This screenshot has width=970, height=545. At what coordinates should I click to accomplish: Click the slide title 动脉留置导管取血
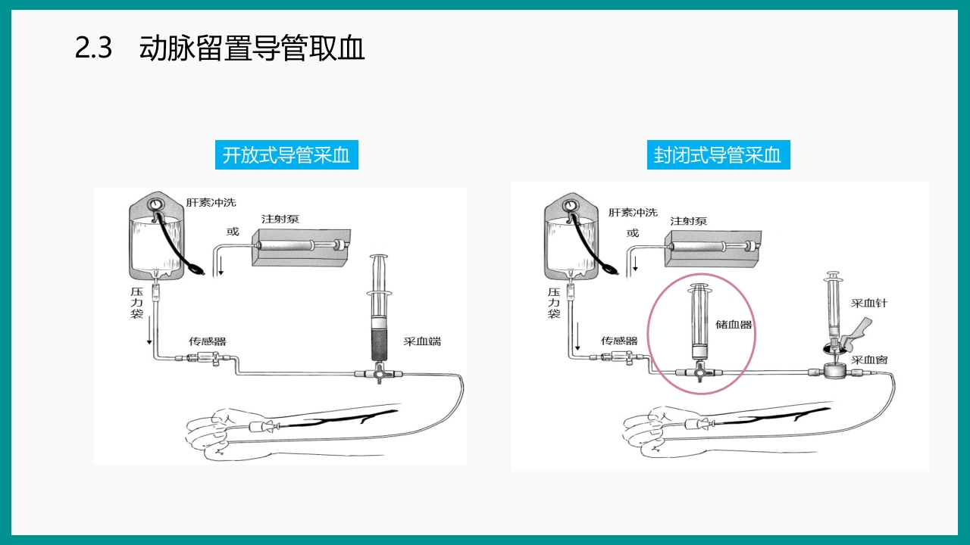click(252, 48)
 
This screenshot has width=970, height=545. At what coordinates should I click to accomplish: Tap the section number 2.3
click(93, 48)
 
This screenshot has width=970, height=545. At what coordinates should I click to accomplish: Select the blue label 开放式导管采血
click(286, 155)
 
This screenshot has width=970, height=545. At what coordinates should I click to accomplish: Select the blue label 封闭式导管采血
click(718, 155)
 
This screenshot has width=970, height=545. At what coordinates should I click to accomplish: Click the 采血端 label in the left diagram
click(422, 341)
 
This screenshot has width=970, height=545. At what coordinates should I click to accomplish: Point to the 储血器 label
click(734, 325)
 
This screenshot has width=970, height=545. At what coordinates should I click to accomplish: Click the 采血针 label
click(868, 303)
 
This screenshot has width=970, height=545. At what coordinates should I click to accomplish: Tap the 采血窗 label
click(869, 360)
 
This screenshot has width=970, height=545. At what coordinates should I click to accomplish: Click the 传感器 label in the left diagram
click(208, 341)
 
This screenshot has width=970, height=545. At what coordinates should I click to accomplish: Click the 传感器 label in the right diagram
click(619, 341)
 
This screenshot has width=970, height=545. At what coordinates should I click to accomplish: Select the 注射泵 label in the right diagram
click(688, 221)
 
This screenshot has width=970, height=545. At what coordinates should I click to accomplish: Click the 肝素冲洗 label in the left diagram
click(211, 202)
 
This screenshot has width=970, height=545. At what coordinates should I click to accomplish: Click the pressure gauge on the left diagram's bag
click(157, 204)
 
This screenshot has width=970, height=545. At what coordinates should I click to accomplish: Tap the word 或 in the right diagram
click(633, 233)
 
